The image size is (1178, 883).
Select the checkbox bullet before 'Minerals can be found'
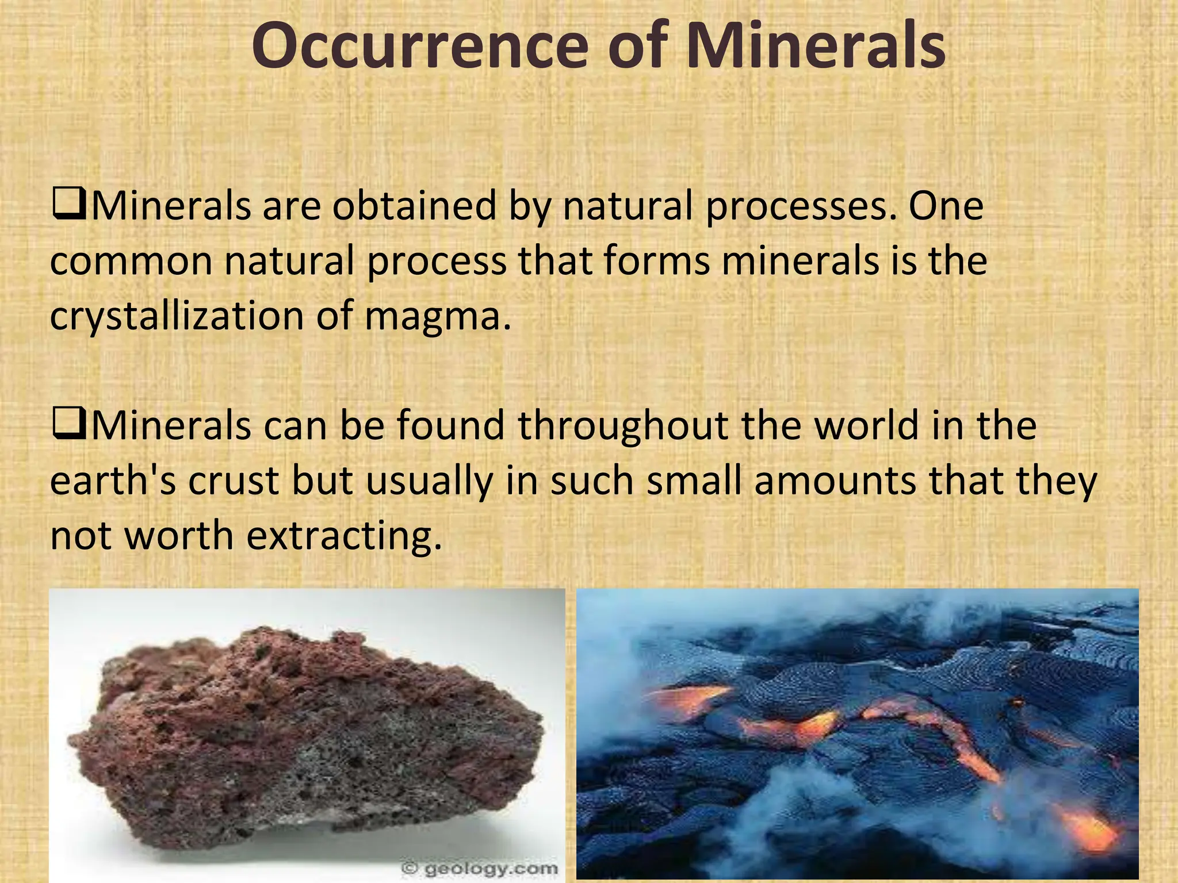coord(68,425)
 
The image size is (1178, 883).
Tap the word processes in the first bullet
coord(796,206)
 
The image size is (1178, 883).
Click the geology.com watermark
coord(480,869)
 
